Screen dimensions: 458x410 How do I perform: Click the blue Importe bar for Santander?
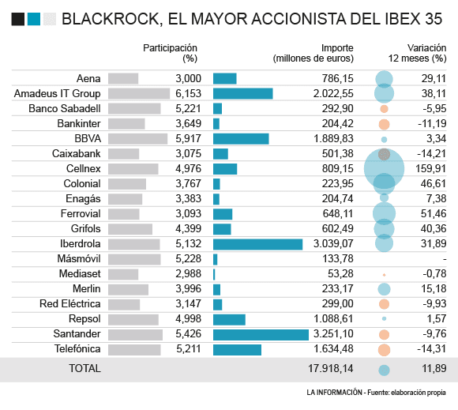pyautogui.click(x=261, y=335)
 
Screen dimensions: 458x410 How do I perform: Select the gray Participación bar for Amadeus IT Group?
pyautogui.click(x=139, y=93)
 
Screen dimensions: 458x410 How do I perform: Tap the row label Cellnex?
pyautogui.click(x=83, y=168)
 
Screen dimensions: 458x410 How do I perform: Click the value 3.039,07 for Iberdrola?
pyautogui.click(x=333, y=243)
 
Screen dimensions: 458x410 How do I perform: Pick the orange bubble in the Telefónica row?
pyautogui.click(x=384, y=350)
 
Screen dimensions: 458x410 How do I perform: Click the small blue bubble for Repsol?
pyautogui.click(x=384, y=319)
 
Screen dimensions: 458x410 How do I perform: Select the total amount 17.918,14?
pyautogui.click(x=331, y=368)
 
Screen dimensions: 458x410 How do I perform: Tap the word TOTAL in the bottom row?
pyautogui.click(x=84, y=368)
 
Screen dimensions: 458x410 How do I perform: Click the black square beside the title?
pyautogui.click(x=18, y=19)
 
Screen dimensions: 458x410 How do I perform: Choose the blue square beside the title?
pyautogui.click(x=34, y=19)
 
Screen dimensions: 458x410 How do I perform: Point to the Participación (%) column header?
pyautogui.click(x=170, y=53)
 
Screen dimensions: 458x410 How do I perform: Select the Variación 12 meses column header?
pyautogui.click(x=417, y=53)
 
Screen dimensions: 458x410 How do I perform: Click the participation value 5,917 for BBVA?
pyautogui.click(x=189, y=138)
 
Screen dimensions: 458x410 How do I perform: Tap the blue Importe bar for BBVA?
pyautogui.click(x=241, y=139)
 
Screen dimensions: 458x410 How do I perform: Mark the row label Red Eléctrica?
pyautogui.click(x=70, y=304)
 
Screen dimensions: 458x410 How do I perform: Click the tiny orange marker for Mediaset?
pyautogui.click(x=384, y=275)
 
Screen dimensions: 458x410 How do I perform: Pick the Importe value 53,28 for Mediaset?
pyautogui.click(x=340, y=273)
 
